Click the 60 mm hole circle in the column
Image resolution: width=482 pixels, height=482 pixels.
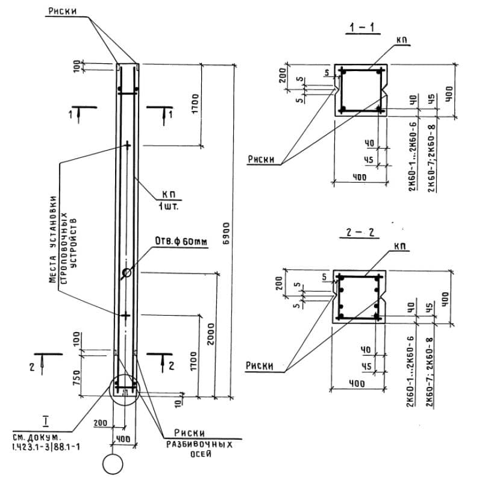coord(127,273)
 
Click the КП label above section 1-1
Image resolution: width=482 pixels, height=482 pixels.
coord(402,40)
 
